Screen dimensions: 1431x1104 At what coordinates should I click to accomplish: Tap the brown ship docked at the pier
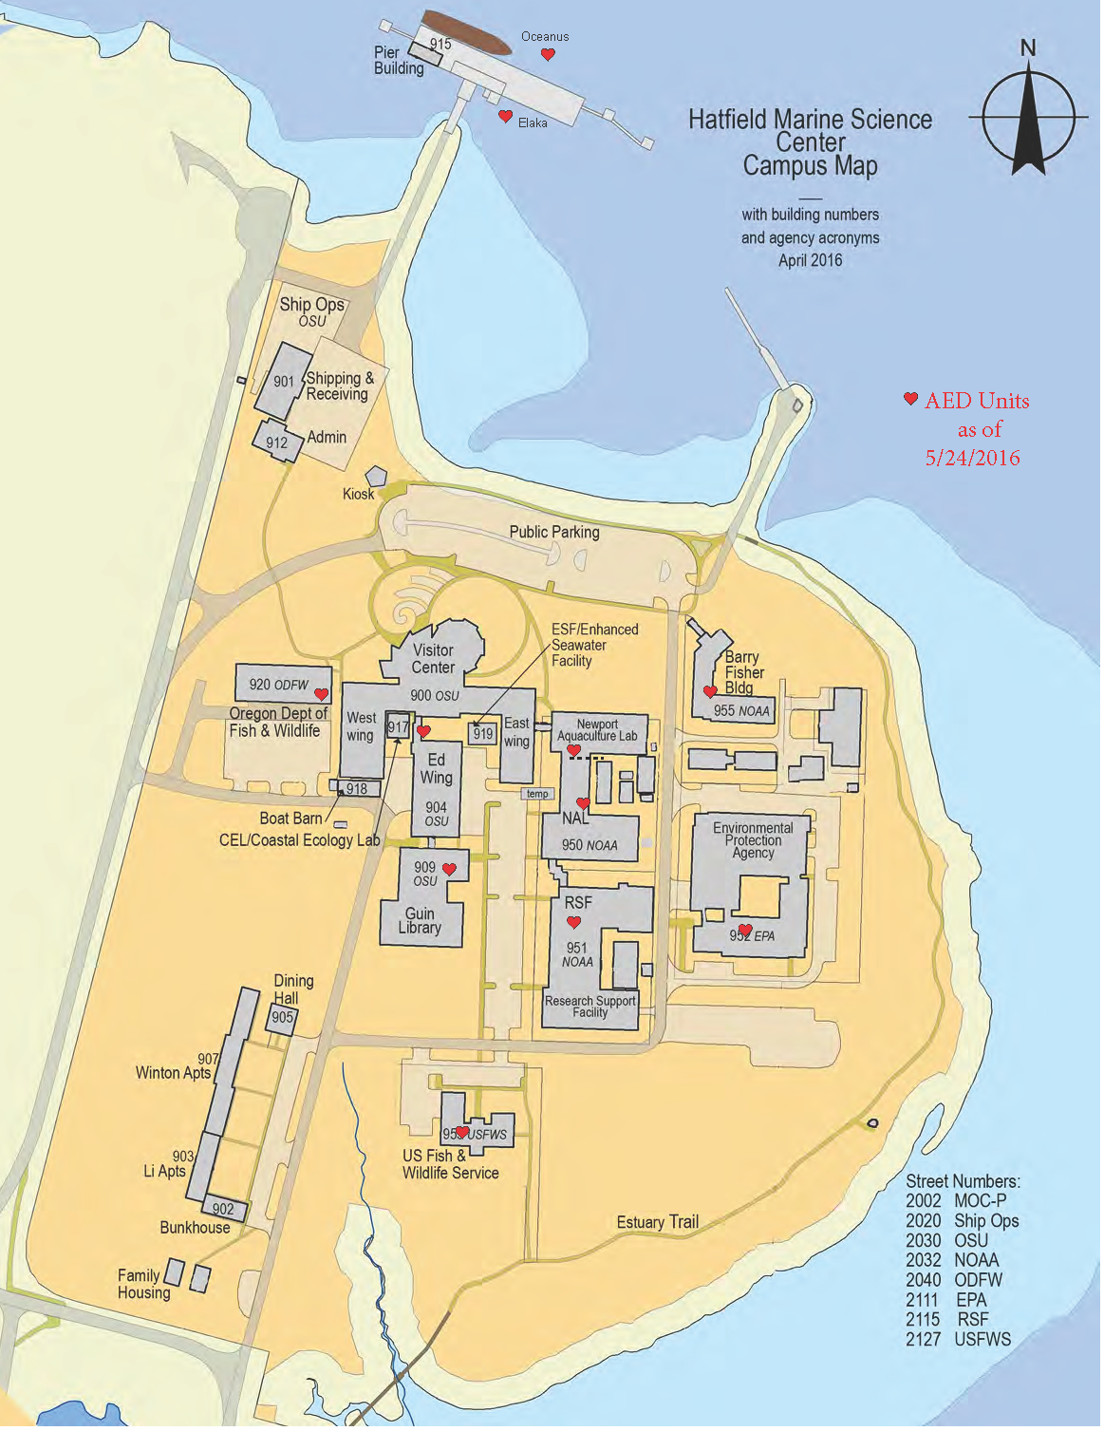[x=467, y=31]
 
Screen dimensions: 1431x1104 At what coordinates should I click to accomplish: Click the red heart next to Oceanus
[x=549, y=55]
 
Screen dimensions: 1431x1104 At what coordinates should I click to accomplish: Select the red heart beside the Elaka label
[x=506, y=117]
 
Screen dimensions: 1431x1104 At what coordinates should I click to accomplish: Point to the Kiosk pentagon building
[x=378, y=478]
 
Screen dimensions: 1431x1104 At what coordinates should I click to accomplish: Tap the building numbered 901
[x=284, y=383]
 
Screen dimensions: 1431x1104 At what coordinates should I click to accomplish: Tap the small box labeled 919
[x=484, y=735]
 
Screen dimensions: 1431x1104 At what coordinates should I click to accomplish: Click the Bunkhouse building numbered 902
[x=224, y=1211]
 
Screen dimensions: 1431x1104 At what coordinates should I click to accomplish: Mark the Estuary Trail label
[x=659, y=1224]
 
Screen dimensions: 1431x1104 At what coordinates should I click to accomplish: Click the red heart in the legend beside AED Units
[x=911, y=401]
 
